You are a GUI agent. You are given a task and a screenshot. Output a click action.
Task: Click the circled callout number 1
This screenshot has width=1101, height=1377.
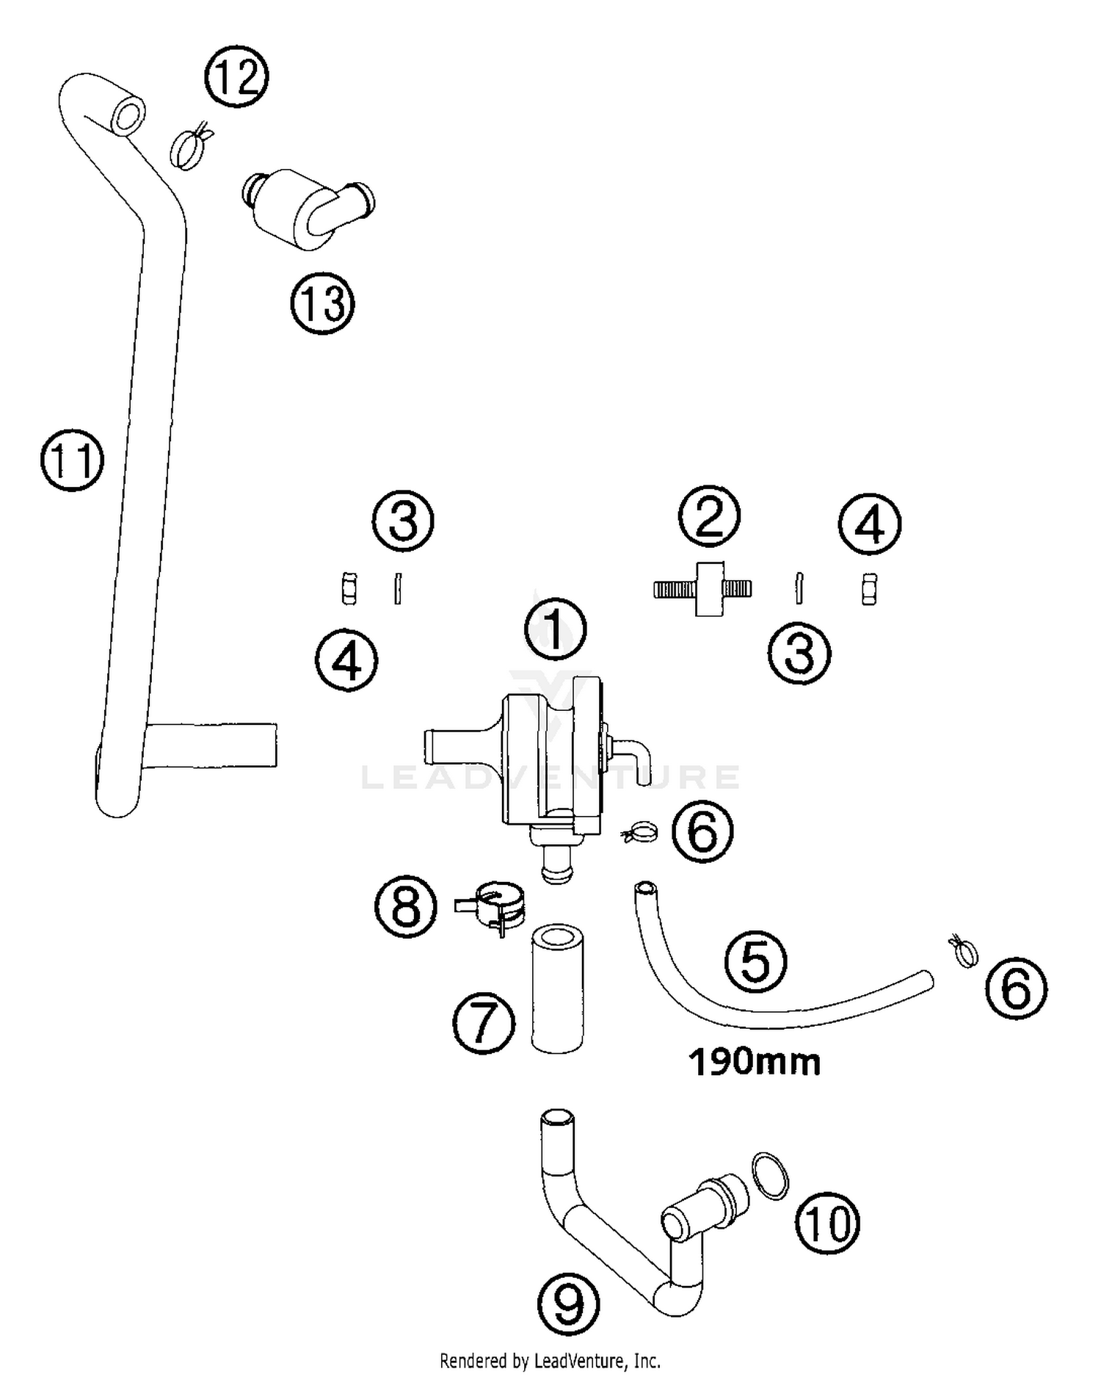pyautogui.click(x=555, y=630)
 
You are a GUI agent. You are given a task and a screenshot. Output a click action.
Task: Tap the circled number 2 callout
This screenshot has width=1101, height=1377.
pyautogui.click(x=708, y=516)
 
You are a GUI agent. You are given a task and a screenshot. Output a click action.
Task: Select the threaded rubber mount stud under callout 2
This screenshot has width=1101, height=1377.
pyautogui.click(x=703, y=588)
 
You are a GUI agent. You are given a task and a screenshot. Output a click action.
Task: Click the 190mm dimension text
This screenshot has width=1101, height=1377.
pyautogui.click(x=755, y=1063)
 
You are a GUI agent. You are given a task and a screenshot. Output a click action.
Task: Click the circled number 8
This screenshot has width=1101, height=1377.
pyautogui.click(x=406, y=906)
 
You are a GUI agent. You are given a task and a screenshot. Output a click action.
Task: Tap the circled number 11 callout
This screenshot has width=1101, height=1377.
pyautogui.click(x=72, y=460)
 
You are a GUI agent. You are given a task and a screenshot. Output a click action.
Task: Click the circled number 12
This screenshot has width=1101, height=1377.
pyautogui.click(x=236, y=76)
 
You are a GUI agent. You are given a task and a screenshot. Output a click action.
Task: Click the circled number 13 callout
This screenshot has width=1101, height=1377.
pyautogui.click(x=322, y=303)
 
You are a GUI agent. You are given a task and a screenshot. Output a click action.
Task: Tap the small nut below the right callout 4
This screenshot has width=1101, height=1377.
pyautogui.click(x=869, y=589)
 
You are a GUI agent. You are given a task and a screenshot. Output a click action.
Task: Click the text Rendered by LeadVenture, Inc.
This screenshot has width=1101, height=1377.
pyautogui.click(x=550, y=1361)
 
